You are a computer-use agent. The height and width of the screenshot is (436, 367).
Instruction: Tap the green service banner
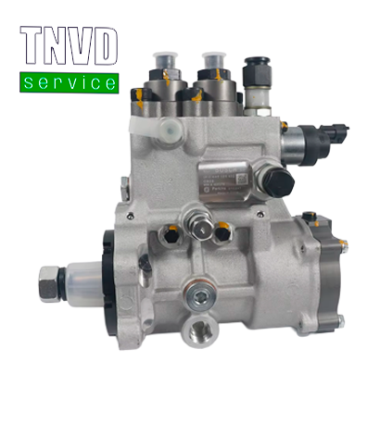[x=69, y=82]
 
